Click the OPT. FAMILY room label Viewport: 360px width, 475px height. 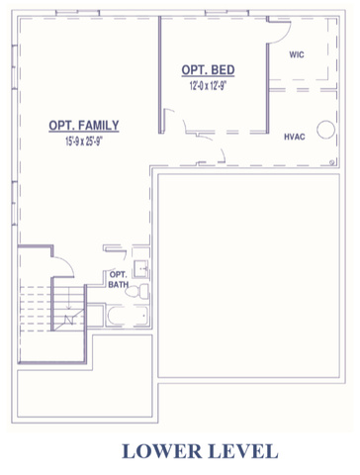[84, 126]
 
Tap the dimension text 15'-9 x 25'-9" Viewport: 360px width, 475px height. [84, 142]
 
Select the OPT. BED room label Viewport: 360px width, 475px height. [208, 70]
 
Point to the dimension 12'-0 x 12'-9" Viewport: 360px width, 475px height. [208, 86]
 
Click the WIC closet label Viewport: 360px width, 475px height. [297, 54]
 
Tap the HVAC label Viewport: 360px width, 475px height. [295, 137]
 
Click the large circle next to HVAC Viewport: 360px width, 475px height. [326, 130]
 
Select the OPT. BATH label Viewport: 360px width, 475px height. [119, 279]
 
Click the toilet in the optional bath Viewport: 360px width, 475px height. [136, 292]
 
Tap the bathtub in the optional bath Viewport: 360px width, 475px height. [127, 316]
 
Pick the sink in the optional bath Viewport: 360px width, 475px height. [140, 269]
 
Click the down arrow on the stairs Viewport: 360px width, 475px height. [68, 298]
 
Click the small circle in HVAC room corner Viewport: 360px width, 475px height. [332, 162]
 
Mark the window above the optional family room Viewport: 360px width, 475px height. [77, 13]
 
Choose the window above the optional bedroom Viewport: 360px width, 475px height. [226, 13]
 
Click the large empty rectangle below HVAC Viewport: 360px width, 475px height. [248, 275]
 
